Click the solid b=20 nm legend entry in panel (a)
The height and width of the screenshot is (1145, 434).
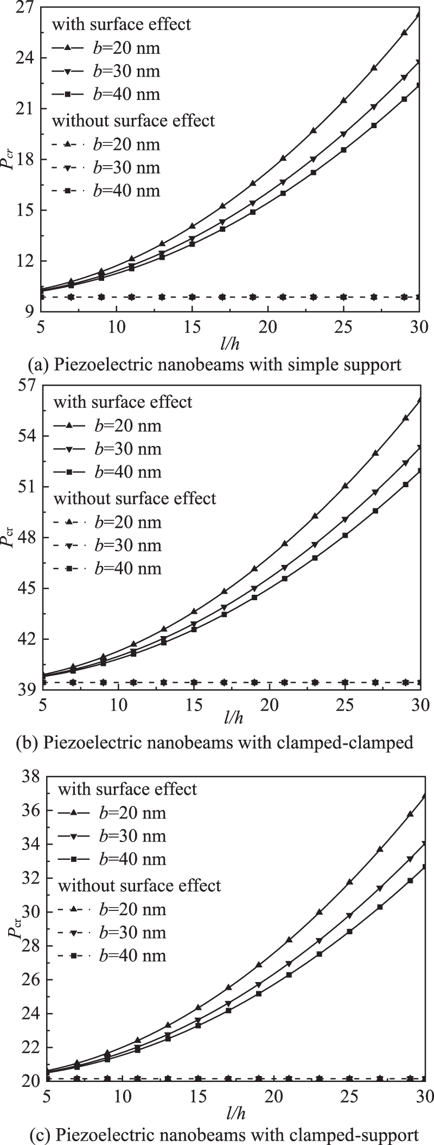tap(106, 48)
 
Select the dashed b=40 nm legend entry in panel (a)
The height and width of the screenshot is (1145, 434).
tap(106, 191)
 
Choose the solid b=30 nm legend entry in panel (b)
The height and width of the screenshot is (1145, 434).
tap(107, 449)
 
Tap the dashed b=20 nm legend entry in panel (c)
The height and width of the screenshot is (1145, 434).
tap(112, 909)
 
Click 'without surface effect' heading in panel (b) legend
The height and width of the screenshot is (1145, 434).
tap(135, 498)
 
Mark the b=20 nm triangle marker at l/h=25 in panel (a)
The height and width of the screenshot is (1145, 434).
tap(343, 100)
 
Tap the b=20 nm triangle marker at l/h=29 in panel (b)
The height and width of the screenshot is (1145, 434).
tap(405, 418)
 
